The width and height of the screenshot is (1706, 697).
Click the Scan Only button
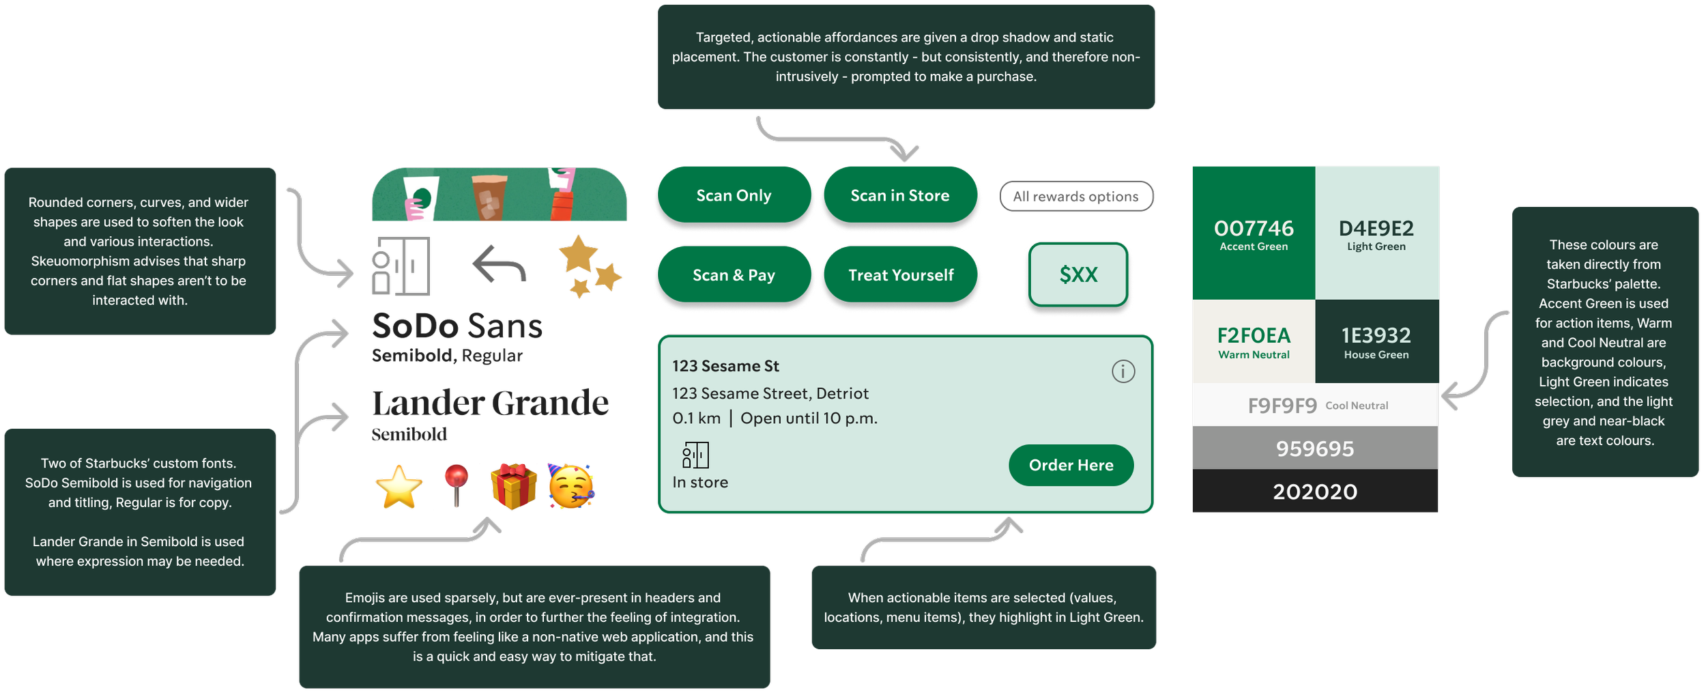point(734,196)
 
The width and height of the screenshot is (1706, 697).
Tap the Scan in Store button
point(899,196)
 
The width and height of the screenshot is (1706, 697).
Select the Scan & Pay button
point(734,275)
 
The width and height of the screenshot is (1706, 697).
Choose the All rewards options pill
point(1075,197)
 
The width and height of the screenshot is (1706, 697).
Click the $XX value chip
point(1078,275)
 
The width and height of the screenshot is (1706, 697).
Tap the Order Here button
point(1071,466)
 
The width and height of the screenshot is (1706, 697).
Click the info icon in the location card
point(1123,371)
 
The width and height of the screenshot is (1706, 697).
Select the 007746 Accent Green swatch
point(1254,233)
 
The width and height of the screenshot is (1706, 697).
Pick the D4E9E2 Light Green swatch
point(1376,233)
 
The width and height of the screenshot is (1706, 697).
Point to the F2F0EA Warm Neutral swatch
point(1254,341)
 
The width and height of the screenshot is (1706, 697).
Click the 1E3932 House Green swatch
point(1376,341)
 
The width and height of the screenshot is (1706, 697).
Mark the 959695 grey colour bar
point(1315,449)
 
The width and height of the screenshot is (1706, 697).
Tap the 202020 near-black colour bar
point(1315,492)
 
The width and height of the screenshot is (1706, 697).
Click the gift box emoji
point(513,486)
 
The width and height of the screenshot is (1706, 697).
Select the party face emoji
point(571,487)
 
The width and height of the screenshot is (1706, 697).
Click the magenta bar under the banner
point(491,229)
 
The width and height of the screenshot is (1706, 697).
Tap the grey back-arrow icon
point(500,265)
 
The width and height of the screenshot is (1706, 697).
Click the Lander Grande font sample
point(490,403)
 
